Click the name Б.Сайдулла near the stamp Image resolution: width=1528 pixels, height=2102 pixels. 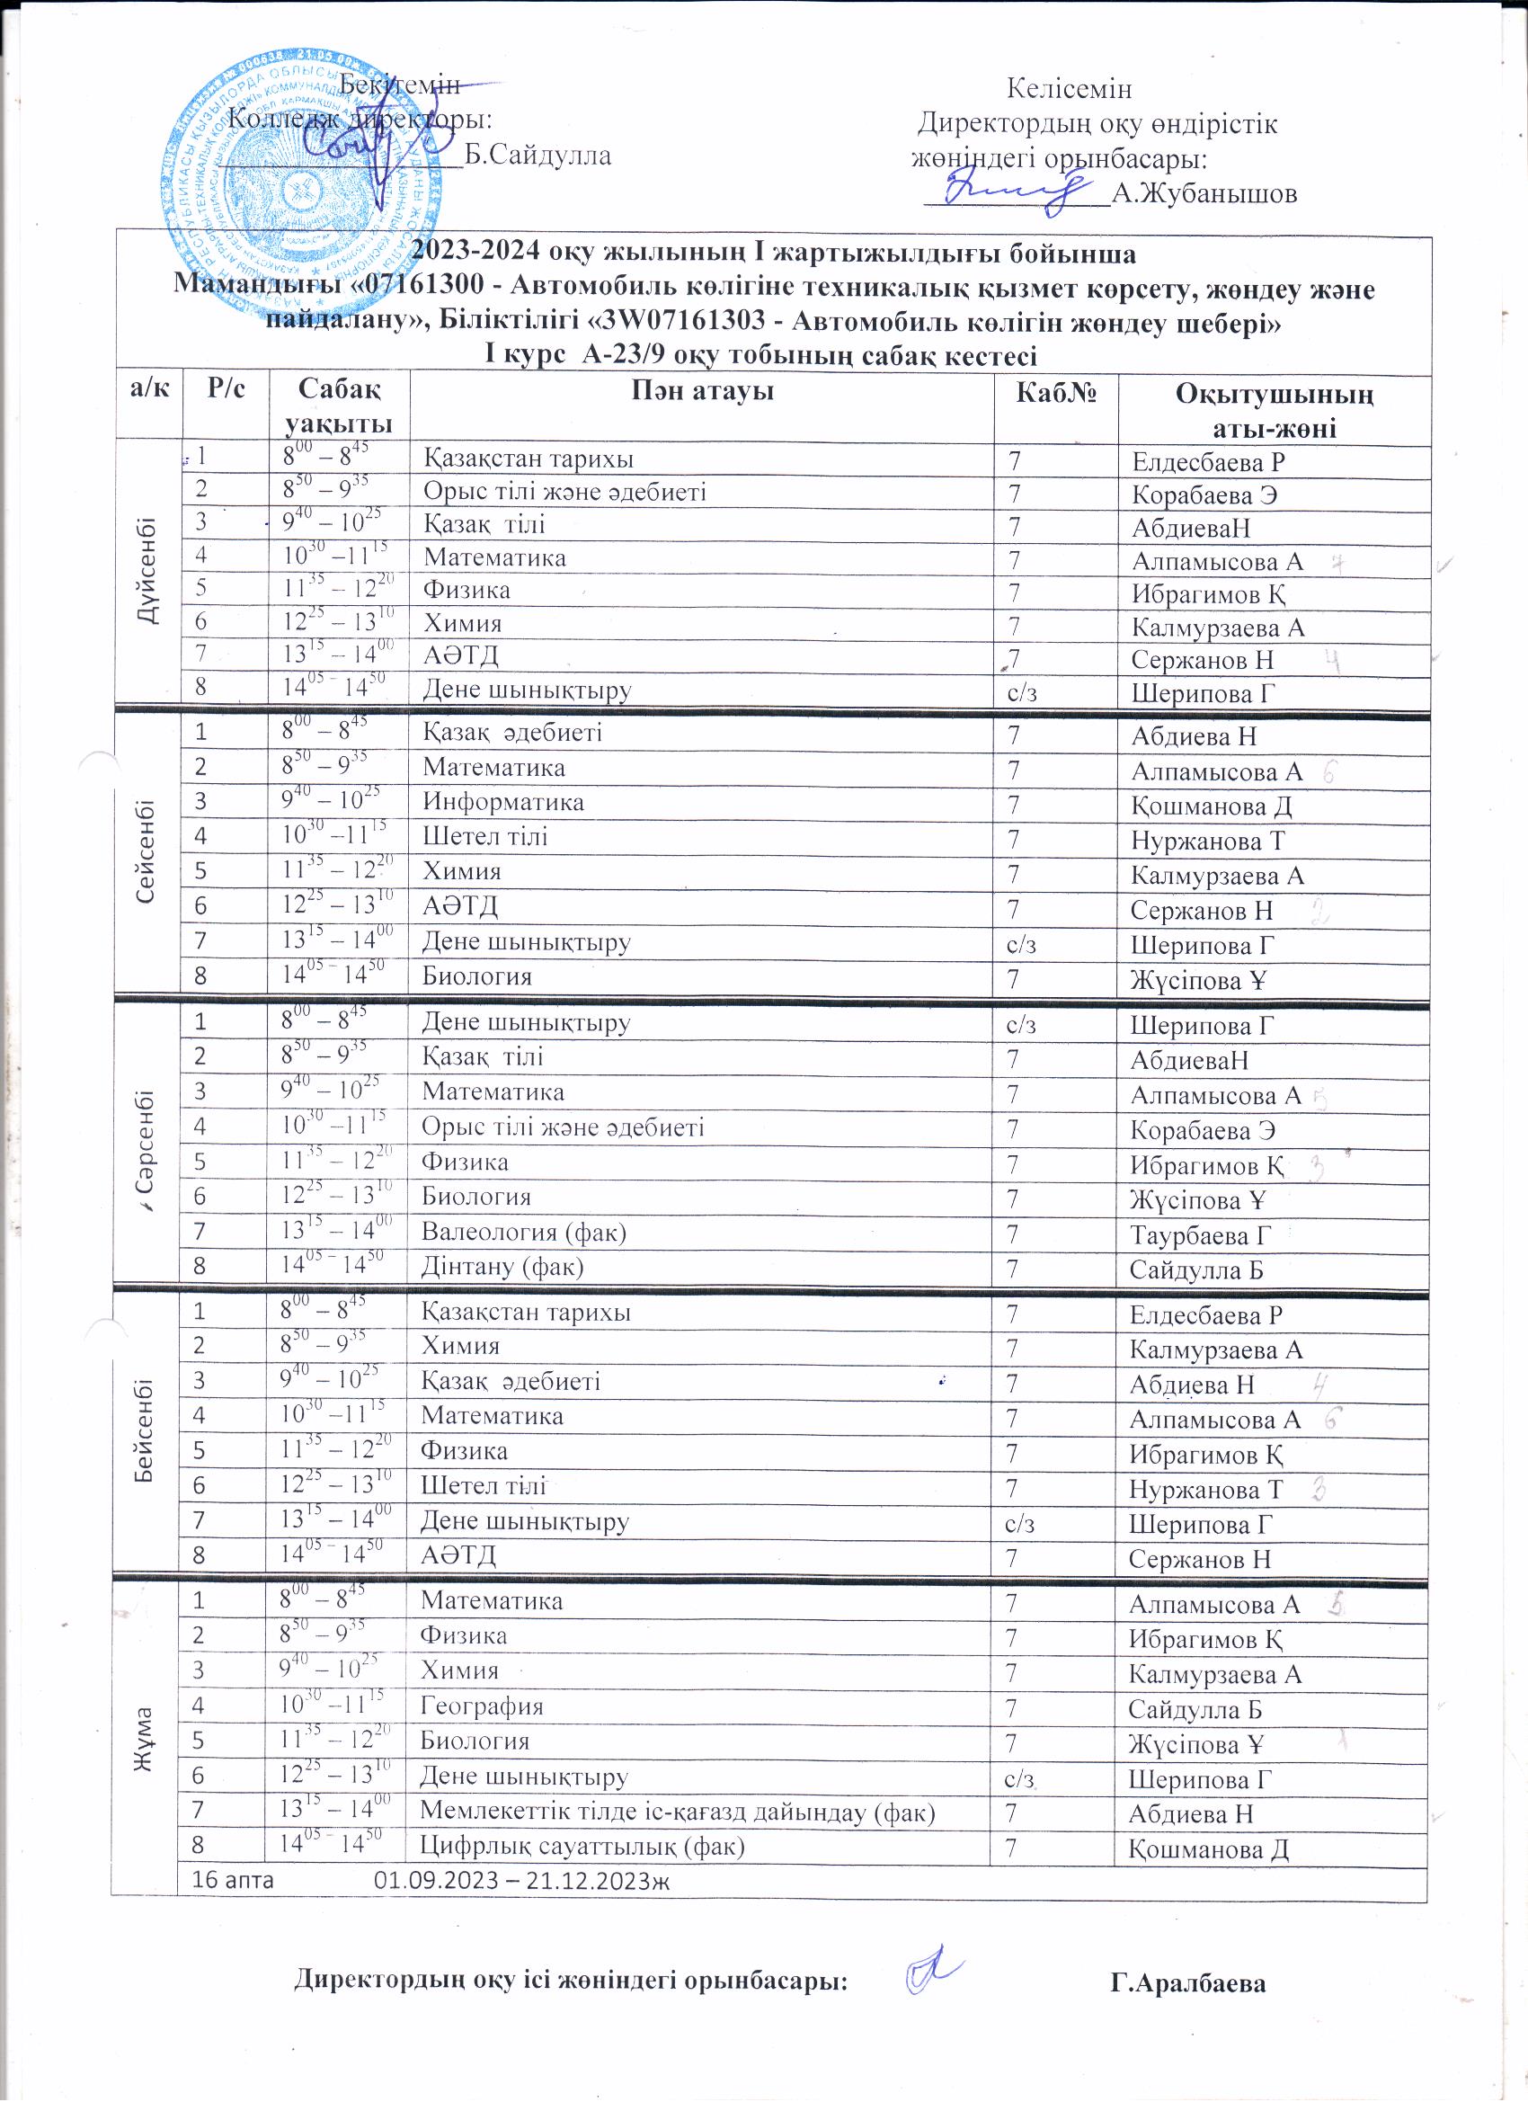(537, 155)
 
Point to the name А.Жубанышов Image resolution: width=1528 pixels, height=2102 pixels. (1204, 193)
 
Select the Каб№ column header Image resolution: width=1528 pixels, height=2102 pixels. (1056, 393)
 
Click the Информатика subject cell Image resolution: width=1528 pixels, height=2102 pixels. (503, 802)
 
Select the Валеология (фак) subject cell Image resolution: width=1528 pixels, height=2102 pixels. (523, 1233)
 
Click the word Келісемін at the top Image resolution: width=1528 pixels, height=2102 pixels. (1069, 90)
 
